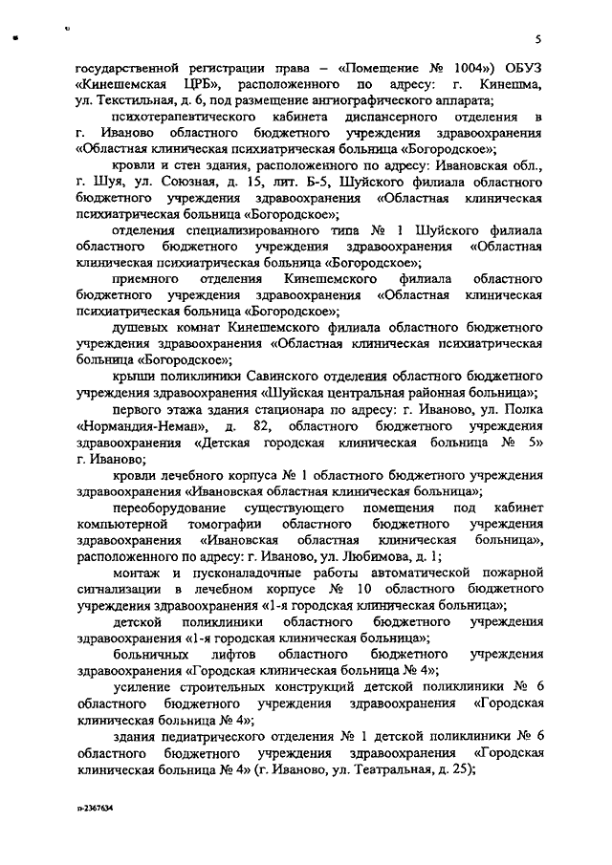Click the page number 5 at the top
click(x=539, y=39)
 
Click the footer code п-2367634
click(x=94, y=808)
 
